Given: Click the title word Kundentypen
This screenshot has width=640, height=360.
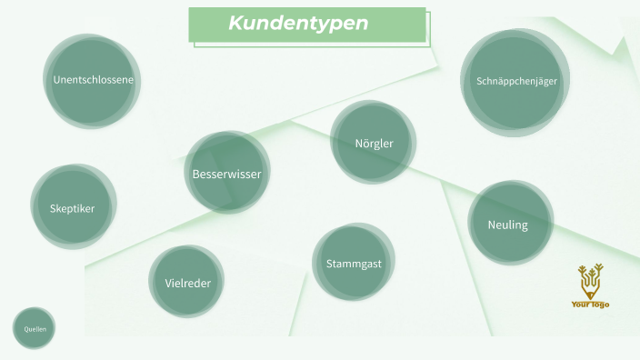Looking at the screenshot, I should [298, 24].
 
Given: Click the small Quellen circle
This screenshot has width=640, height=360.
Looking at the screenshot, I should [35, 328].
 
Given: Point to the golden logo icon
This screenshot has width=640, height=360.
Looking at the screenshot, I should [591, 282].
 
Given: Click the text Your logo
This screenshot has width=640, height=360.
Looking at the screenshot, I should [591, 305].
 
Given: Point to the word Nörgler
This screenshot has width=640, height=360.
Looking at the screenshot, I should [374, 144].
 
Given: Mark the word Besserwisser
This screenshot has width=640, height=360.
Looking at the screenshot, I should [226, 174].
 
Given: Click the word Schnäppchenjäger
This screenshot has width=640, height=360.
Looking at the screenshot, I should [516, 81].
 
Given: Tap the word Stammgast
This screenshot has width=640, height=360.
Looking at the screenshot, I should [354, 264].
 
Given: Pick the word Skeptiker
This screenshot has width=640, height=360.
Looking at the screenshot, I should [72, 208].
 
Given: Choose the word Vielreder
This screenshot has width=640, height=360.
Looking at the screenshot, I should [188, 283].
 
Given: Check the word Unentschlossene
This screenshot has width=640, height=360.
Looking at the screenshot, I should [94, 80].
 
